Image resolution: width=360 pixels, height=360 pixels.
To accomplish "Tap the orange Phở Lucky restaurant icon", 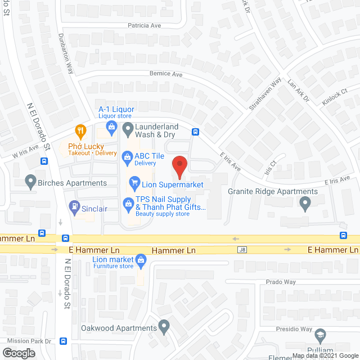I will point(80,132).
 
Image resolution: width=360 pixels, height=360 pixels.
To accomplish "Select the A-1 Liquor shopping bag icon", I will point(111,127).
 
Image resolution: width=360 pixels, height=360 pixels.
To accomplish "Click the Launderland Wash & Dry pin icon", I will point(128,127).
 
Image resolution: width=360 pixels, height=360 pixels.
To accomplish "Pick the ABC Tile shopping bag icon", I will point(127,156).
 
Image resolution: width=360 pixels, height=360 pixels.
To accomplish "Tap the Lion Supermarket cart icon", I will point(134,182).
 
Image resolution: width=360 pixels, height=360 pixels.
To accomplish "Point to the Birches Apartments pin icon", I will point(30,181).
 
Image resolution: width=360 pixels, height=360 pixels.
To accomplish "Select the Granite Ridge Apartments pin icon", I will point(305,204).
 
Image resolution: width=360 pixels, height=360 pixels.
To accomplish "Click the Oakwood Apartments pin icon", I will point(164,326).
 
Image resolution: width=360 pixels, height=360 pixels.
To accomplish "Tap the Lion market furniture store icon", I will point(141,260).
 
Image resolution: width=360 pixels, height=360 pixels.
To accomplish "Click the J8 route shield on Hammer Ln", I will point(242,250).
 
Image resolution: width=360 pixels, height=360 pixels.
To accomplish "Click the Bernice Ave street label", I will point(166,74).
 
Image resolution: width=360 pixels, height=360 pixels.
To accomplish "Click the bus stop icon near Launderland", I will point(195,132).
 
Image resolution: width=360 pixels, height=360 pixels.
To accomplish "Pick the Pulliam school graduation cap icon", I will point(319,336).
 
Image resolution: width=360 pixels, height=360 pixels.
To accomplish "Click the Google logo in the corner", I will point(19,353).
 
